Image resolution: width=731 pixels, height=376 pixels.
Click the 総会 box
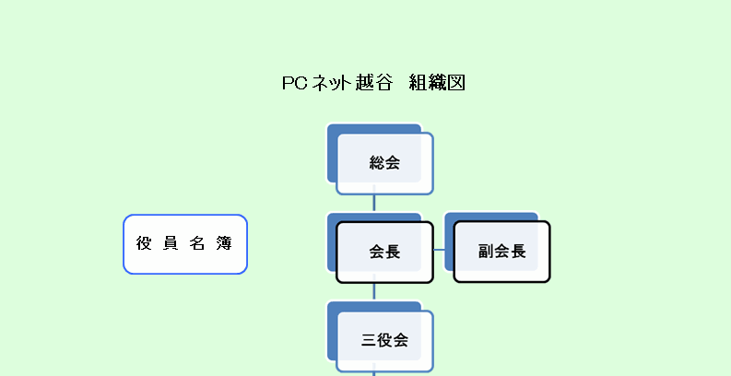tap(384, 163)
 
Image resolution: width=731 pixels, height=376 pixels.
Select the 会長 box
tap(384, 252)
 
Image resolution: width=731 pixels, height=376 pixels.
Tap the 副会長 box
tap(501, 252)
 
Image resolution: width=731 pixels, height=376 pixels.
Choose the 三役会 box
tap(384, 340)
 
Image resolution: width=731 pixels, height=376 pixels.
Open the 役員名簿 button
tap(185, 244)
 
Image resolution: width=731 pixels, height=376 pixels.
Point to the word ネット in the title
tap(331, 83)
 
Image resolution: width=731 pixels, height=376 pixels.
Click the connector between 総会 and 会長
tap(374, 204)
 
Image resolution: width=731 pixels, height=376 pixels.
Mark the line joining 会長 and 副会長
tap(439, 250)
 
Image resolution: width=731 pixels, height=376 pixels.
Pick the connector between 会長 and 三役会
tap(374, 292)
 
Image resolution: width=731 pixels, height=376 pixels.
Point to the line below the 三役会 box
tap(374, 372)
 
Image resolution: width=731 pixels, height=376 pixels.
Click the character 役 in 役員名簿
tap(144, 244)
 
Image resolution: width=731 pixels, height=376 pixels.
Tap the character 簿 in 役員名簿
tap(225, 244)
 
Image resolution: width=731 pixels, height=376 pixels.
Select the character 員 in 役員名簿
tap(171, 244)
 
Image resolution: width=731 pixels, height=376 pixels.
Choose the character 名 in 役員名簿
tap(197, 244)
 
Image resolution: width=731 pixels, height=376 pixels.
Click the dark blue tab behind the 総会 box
tap(333, 152)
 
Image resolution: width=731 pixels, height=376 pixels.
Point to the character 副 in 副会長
tap(486, 252)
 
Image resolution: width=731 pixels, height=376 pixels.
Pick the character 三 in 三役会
tap(369, 340)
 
